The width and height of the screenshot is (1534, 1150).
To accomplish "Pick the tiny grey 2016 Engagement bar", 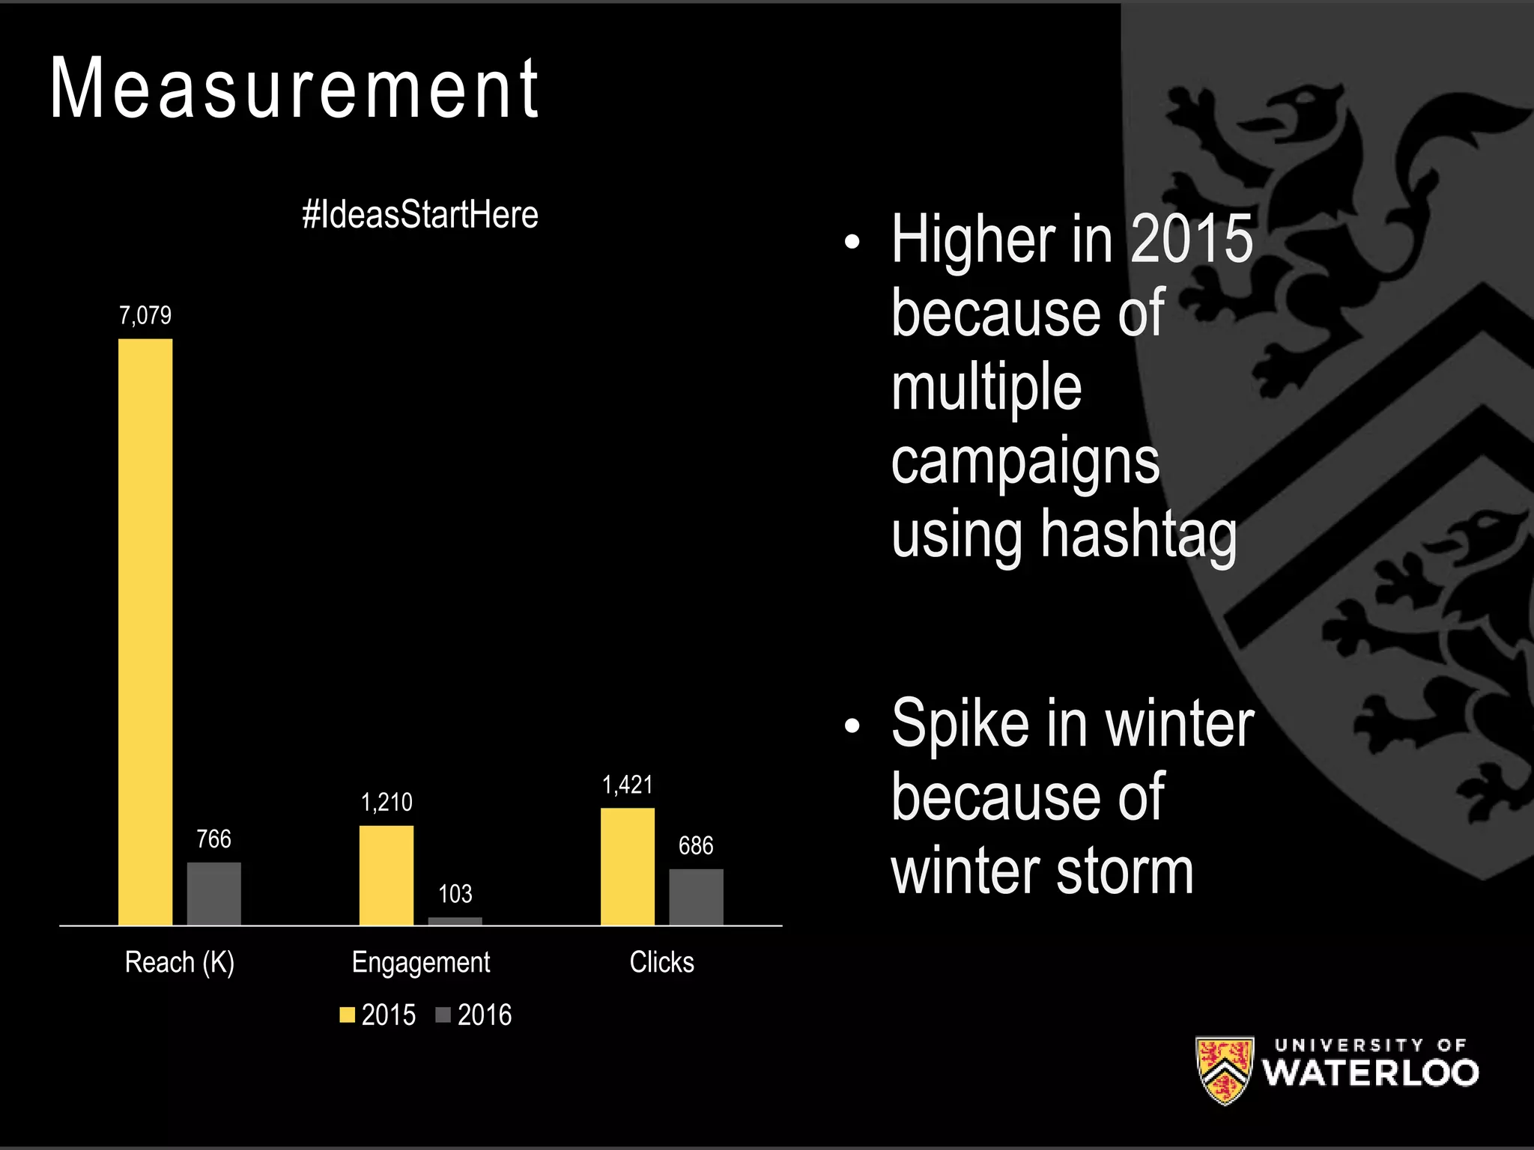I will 455,921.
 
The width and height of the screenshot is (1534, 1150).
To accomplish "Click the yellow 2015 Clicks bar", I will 627,866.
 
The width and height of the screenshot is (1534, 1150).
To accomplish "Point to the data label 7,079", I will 145,315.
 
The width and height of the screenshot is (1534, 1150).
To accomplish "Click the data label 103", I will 455,893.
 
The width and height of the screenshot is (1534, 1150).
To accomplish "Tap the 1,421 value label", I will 627,785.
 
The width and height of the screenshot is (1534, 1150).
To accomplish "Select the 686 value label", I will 696,845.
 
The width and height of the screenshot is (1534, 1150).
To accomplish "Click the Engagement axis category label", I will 420,962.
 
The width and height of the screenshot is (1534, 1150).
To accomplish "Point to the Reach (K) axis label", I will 179,962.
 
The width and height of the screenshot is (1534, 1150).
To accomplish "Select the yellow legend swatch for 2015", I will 347,1015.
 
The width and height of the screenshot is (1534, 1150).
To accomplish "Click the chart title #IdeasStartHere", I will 419,215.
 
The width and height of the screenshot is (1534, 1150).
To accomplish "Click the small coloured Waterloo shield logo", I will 1224,1070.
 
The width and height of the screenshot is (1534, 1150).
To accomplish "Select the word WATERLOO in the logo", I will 1370,1073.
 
